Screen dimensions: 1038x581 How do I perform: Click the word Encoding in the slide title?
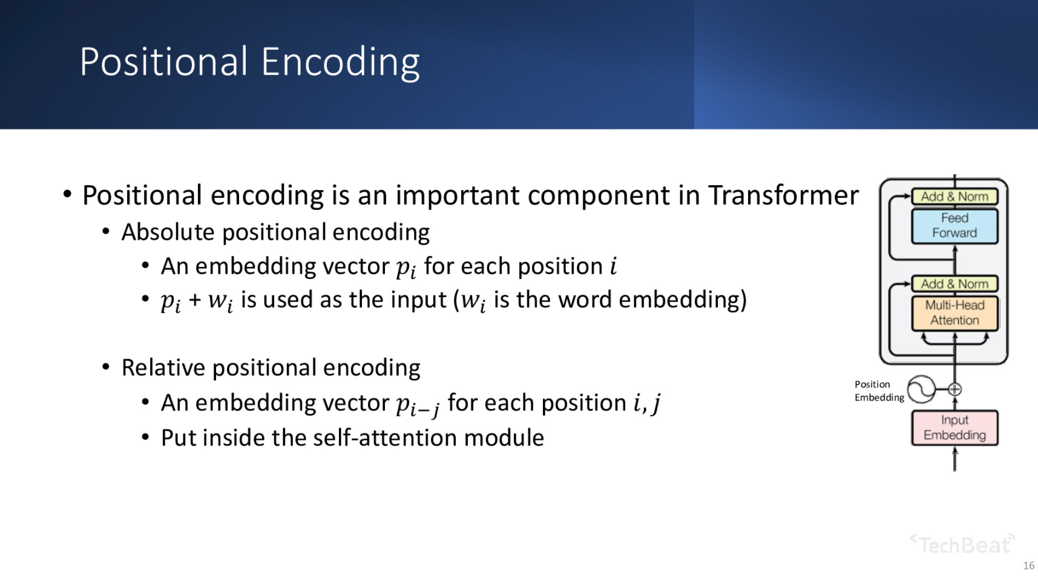(341, 63)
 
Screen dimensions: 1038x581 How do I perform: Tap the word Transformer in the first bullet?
(783, 195)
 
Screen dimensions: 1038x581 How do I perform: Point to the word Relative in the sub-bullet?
(163, 367)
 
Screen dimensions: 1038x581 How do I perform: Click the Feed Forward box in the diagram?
(954, 226)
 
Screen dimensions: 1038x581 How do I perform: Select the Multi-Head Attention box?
(954, 313)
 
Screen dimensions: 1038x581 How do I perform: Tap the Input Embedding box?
(954, 428)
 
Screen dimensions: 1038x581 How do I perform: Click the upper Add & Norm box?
(954, 197)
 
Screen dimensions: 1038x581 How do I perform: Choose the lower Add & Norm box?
(954, 284)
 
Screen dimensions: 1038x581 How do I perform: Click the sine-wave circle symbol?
(921, 389)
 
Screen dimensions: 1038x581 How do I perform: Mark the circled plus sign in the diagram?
(954, 389)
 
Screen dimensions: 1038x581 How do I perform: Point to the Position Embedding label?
(879, 391)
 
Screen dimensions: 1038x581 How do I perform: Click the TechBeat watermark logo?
(963, 544)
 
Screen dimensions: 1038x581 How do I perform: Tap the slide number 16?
(1028, 565)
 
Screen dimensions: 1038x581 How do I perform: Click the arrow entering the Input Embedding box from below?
(954, 459)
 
